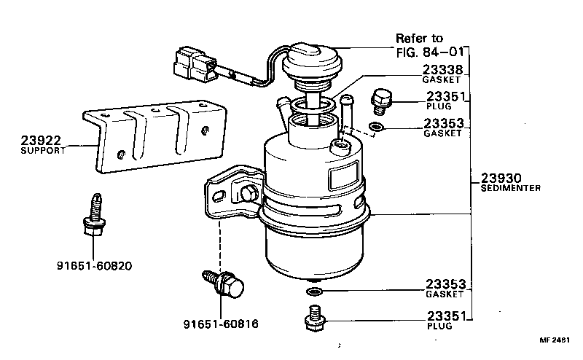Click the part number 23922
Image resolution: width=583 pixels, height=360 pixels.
[x=41, y=141]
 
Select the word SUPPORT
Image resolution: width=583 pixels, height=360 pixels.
[x=43, y=151]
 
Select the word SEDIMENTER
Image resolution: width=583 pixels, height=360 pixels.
[x=510, y=188]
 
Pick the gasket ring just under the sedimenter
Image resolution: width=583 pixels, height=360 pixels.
[x=314, y=292]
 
